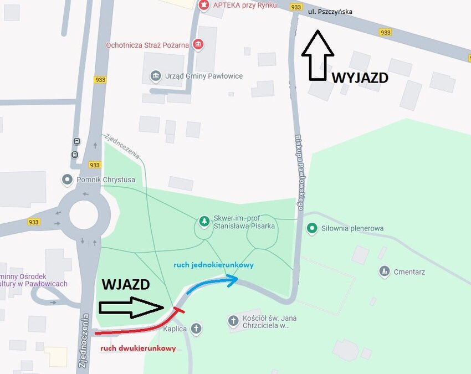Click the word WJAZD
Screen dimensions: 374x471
pyautogui.click(x=126, y=285)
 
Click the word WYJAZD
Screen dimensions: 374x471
pyautogui.click(x=360, y=78)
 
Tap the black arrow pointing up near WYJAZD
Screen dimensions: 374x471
pyautogui.click(x=318, y=56)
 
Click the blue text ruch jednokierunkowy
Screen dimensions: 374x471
pyautogui.click(x=213, y=265)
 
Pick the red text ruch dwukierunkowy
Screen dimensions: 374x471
pyautogui.click(x=138, y=349)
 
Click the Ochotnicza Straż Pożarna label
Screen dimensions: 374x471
pyautogui.click(x=147, y=45)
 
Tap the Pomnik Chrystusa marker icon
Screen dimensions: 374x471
pyautogui.click(x=68, y=180)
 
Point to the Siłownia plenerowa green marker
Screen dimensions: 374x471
pyautogui.click(x=313, y=228)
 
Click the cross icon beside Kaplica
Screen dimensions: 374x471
pyautogui.click(x=196, y=329)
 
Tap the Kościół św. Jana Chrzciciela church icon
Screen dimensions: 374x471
pyautogui.click(x=233, y=320)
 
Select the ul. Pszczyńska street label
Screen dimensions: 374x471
pyautogui.click(x=330, y=11)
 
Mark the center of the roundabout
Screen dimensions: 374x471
pyautogui.click(x=84, y=215)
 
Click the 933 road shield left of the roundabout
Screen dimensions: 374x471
pyautogui.click(x=34, y=222)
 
